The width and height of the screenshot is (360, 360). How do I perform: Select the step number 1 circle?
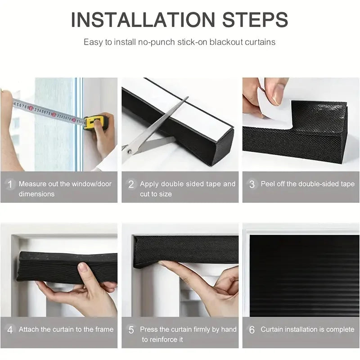click(x=9, y=184)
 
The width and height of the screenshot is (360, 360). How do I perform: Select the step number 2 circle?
click(x=131, y=184)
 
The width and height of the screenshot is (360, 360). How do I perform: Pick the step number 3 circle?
click(x=252, y=184)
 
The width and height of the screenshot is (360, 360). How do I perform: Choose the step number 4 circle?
click(x=9, y=330)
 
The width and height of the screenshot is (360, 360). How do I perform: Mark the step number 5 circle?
click(x=131, y=330)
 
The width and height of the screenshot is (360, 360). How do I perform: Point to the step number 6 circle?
click(x=252, y=330)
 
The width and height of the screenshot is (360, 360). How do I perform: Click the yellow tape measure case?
click(x=95, y=122)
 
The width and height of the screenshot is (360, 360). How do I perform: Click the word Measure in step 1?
click(x=32, y=184)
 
